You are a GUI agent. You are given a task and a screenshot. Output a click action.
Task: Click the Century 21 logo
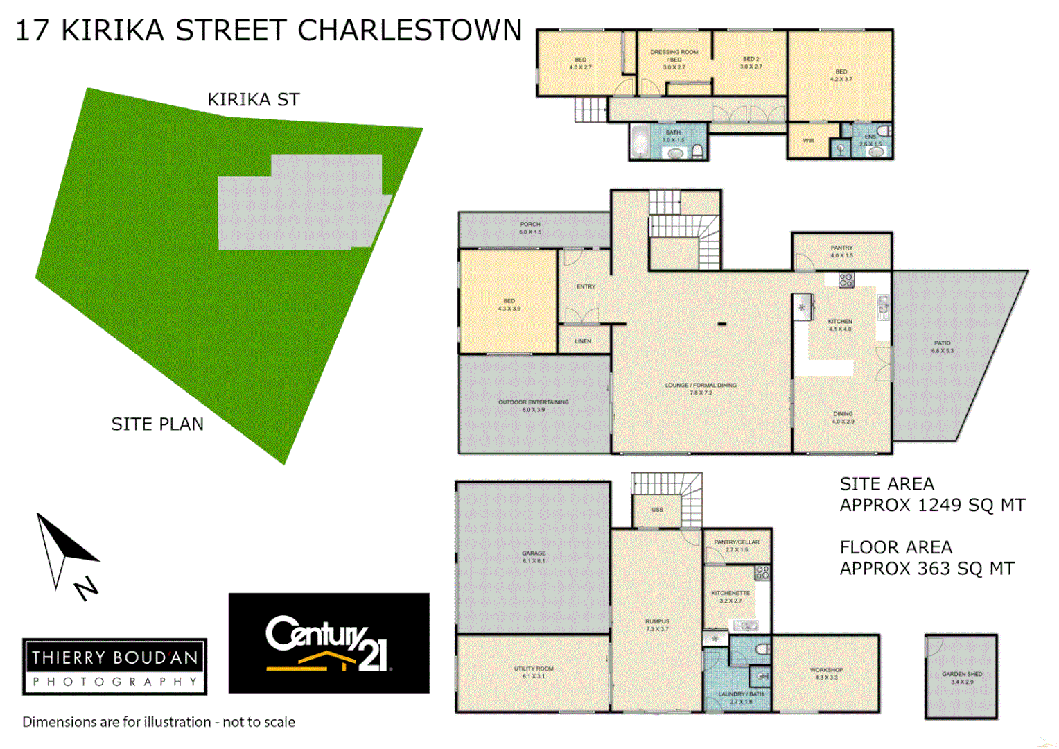pyautogui.click(x=329, y=643)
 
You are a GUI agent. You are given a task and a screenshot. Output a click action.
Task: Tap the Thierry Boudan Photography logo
pyautogui.click(x=114, y=666)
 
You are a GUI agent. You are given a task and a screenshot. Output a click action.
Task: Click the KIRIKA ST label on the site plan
pyautogui.click(x=254, y=100)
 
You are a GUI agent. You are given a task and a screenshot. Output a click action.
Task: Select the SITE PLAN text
pyautogui.click(x=157, y=424)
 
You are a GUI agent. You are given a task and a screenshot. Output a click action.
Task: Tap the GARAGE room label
pyautogui.click(x=533, y=553)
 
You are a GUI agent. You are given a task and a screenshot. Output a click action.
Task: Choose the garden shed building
pyautogui.click(x=961, y=676)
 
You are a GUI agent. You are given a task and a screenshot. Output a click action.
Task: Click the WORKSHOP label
pyautogui.click(x=826, y=670)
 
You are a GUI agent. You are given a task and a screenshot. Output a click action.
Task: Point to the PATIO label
pyautogui.click(x=942, y=343)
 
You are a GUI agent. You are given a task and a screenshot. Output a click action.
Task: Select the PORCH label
pyautogui.click(x=530, y=225)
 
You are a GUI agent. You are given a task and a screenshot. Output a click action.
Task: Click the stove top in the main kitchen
pyautogui.click(x=846, y=280)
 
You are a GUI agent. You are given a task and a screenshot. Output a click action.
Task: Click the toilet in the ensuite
pyautogui.click(x=884, y=131)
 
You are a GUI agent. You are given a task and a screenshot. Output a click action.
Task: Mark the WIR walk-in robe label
pyautogui.click(x=808, y=141)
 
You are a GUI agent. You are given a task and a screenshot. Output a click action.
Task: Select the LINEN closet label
pyautogui.click(x=583, y=341)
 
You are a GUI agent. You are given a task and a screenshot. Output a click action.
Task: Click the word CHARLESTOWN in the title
pyautogui.click(x=410, y=31)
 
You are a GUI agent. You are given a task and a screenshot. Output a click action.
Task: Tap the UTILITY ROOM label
pyautogui.click(x=533, y=669)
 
